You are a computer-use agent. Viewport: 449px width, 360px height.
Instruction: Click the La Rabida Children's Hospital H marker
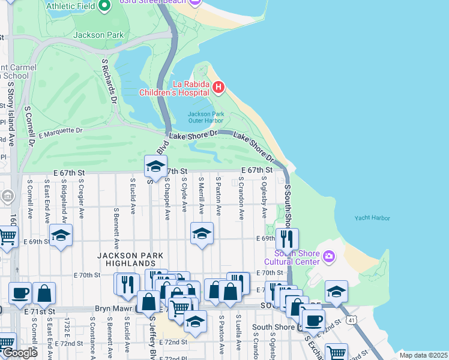(218, 88)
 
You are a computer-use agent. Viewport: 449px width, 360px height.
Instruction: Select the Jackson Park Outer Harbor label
(205, 117)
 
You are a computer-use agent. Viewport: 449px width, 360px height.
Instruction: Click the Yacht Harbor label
(372, 218)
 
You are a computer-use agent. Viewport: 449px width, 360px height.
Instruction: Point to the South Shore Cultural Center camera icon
(328, 257)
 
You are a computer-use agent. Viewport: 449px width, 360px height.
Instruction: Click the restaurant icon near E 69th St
(287, 239)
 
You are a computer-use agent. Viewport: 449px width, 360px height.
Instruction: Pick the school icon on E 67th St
(155, 167)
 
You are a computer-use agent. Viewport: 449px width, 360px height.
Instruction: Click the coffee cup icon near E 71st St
(20, 293)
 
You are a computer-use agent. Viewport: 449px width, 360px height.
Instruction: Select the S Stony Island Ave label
(11, 114)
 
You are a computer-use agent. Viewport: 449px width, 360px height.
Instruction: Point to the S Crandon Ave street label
(241, 197)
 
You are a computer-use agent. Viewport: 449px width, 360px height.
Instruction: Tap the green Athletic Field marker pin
(105, 6)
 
